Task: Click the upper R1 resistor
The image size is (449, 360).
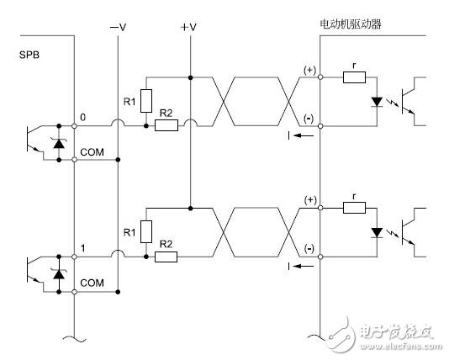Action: pyautogui.click(x=147, y=99)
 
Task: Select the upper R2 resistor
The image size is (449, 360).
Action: pyautogui.click(x=167, y=126)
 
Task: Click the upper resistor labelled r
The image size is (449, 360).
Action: pyautogui.click(x=354, y=78)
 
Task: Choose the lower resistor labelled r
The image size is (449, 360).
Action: pyautogui.click(x=354, y=209)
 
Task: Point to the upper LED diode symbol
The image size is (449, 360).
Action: pyautogui.click(x=376, y=102)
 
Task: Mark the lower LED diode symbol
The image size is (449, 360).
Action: pyautogui.click(x=376, y=233)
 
